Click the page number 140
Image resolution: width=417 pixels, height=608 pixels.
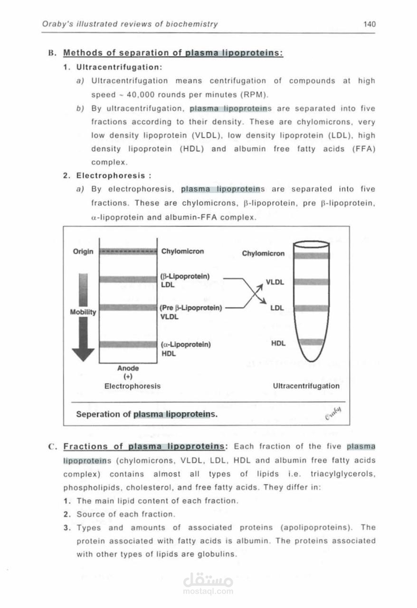tap(369, 24)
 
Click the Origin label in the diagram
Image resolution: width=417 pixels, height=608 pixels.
tap(83, 251)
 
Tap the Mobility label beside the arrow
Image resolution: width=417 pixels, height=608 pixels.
tap(83, 312)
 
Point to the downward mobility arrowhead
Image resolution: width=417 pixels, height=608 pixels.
tap(83, 354)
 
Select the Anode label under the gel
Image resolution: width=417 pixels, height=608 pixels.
tap(128, 368)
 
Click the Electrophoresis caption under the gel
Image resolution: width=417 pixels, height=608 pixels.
tap(133, 386)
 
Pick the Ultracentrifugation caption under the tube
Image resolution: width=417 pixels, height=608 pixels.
tap(306, 386)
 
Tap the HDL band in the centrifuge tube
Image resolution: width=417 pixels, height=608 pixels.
tap(312, 342)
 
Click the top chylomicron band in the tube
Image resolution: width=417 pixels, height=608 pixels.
tap(312, 256)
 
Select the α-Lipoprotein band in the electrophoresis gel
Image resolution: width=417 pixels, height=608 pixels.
tap(128, 344)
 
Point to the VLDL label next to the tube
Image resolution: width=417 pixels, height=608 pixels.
tap(275, 282)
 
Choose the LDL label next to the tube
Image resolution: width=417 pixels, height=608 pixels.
tap(277, 308)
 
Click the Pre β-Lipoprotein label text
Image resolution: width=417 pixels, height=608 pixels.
tap(191, 308)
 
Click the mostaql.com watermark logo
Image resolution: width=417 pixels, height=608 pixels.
tap(208, 583)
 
